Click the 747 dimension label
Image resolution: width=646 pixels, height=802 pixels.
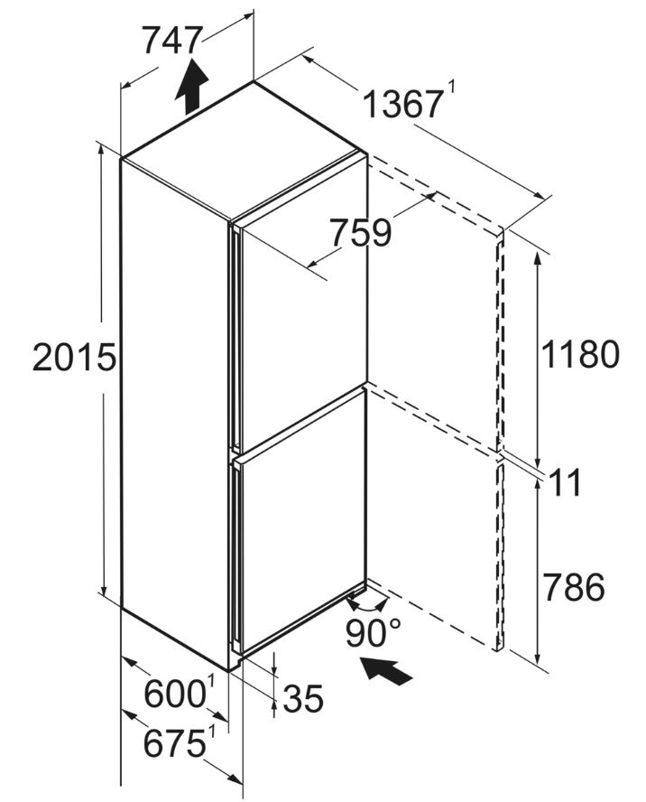click(x=171, y=40)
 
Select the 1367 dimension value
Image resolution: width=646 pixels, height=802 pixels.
click(x=401, y=105)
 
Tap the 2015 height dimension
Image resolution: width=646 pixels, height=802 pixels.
click(x=74, y=357)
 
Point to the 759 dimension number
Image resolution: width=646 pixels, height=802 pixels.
click(x=360, y=233)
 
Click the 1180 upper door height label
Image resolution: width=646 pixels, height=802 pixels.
click(x=580, y=354)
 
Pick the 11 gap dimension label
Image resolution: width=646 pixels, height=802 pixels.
click(x=566, y=483)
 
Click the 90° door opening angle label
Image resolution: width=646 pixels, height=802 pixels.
click(x=374, y=633)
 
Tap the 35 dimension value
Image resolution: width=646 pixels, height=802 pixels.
click(x=303, y=698)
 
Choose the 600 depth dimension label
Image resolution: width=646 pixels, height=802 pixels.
click(x=175, y=695)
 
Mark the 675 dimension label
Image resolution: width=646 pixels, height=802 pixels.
click(x=174, y=743)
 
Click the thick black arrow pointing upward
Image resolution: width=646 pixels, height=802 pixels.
click(x=191, y=86)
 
